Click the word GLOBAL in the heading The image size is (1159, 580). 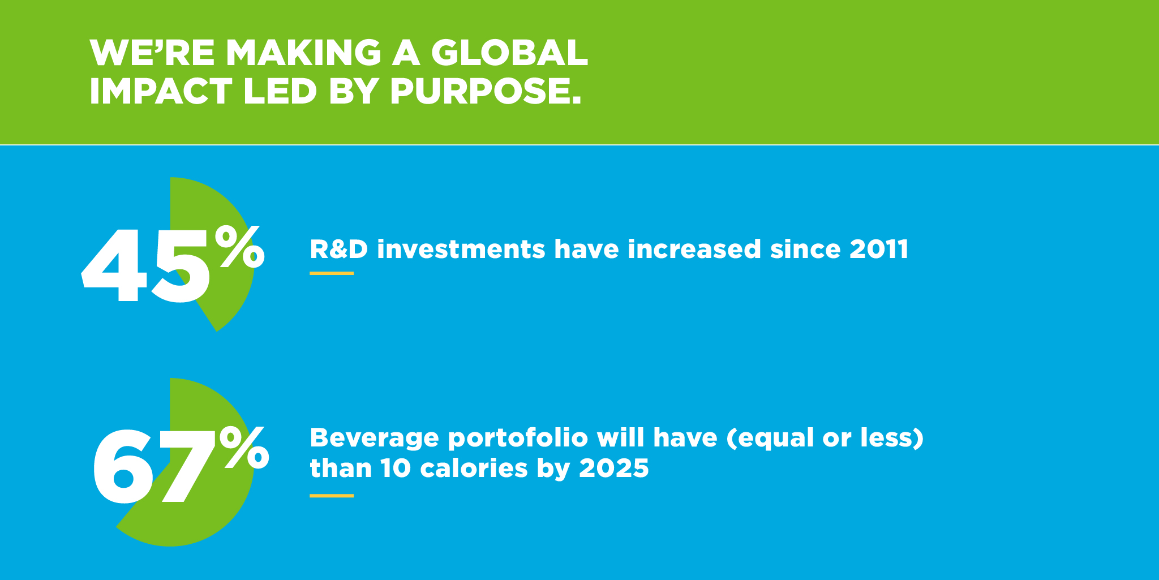[x=509, y=53]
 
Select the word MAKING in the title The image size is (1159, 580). [x=303, y=53]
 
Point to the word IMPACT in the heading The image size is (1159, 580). [x=161, y=91]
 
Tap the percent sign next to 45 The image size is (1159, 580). [x=239, y=246]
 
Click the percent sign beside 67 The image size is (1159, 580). [x=244, y=448]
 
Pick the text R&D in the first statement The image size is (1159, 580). [x=339, y=249]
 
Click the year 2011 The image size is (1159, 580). [x=879, y=249]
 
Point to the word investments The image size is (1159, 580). [x=461, y=250]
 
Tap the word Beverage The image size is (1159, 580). [x=375, y=438]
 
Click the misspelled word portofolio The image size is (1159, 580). [x=518, y=439]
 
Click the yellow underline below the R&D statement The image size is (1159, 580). [x=332, y=273]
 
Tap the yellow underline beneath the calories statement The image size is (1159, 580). [x=332, y=496]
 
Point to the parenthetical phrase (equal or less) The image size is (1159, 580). [x=826, y=439]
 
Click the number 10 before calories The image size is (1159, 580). [x=396, y=468]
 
